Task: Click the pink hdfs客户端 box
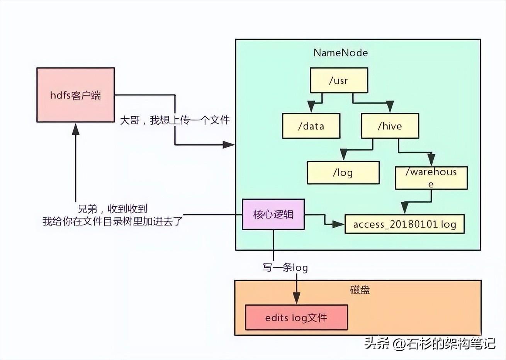[x=75, y=95]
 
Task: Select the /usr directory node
[x=338, y=80]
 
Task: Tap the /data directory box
[x=311, y=126]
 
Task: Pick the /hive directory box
[x=390, y=126]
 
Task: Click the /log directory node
[x=343, y=172]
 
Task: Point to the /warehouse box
[x=431, y=178]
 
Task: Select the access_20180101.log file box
[x=404, y=224]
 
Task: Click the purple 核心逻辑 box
[x=273, y=214]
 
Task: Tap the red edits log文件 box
[x=296, y=318]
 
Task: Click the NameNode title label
[x=340, y=53]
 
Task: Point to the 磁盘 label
[x=360, y=290]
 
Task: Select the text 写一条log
[x=285, y=267]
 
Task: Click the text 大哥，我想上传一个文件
[x=175, y=120]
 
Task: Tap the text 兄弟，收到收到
[x=112, y=209]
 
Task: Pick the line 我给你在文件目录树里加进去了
[x=112, y=221]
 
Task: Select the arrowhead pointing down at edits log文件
[x=296, y=298]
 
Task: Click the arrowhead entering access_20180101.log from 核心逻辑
[x=338, y=224]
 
